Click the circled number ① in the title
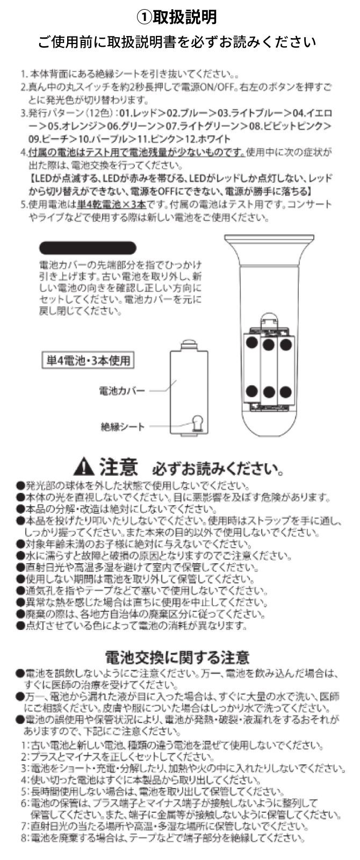tap(143, 17)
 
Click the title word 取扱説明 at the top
tap(185, 17)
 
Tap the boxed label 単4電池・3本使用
tap(87, 360)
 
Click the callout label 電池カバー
tap(122, 391)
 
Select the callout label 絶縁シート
tap(123, 427)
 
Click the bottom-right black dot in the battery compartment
tap(285, 391)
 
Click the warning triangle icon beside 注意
tap(85, 467)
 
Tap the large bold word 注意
tap(118, 467)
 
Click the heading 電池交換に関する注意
tap(177, 657)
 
